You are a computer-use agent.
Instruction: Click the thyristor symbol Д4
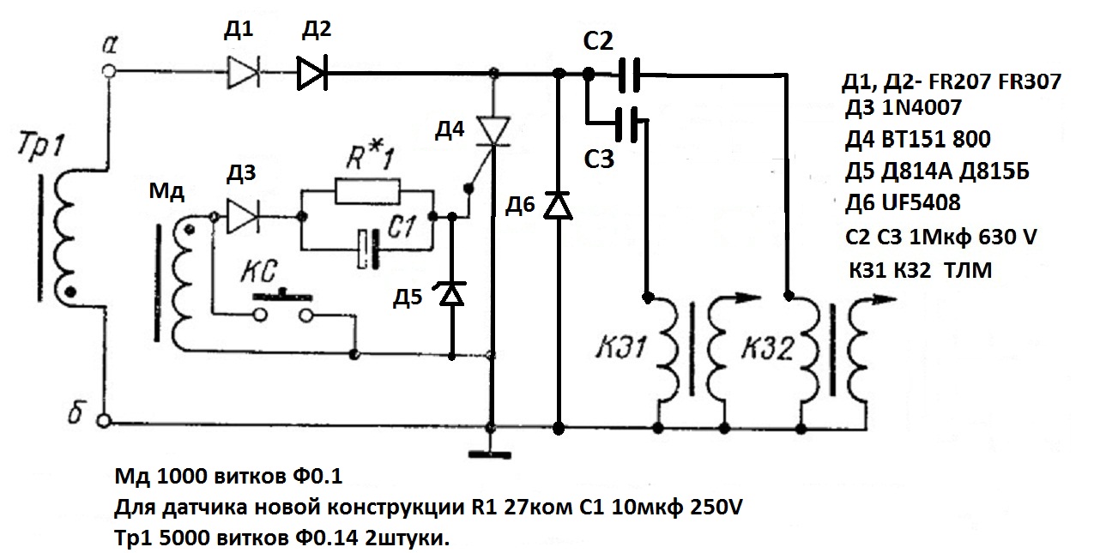click(x=493, y=131)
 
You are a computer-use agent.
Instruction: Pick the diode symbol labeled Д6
click(x=559, y=205)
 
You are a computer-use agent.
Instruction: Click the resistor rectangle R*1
click(x=367, y=191)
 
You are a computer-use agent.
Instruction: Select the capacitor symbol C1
click(x=370, y=247)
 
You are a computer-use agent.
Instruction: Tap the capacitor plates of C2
click(x=632, y=75)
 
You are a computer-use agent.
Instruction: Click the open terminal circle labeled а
click(x=108, y=73)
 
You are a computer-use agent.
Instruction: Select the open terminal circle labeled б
click(x=105, y=422)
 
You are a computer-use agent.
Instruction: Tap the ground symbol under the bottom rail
click(x=492, y=452)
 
